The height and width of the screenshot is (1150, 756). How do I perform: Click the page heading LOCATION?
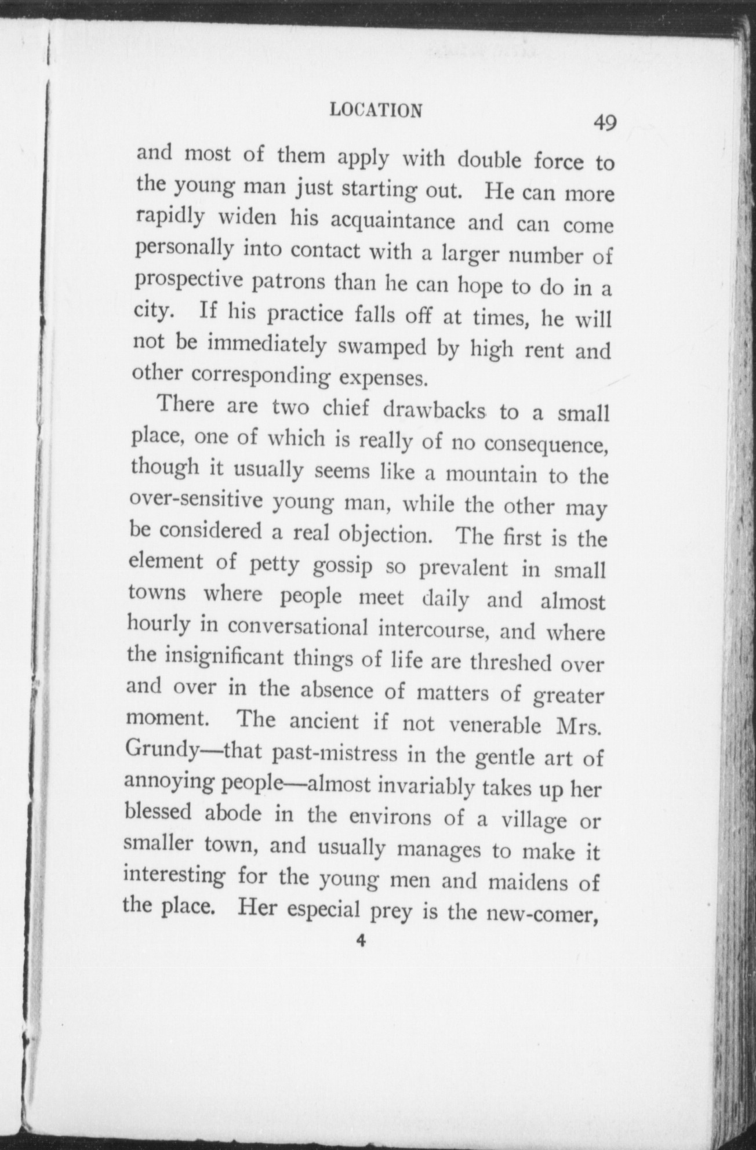(x=376, y=110)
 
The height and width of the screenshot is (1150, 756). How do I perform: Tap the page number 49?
(x=604, y=123)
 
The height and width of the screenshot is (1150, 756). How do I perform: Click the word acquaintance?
(x=392, y=221)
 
